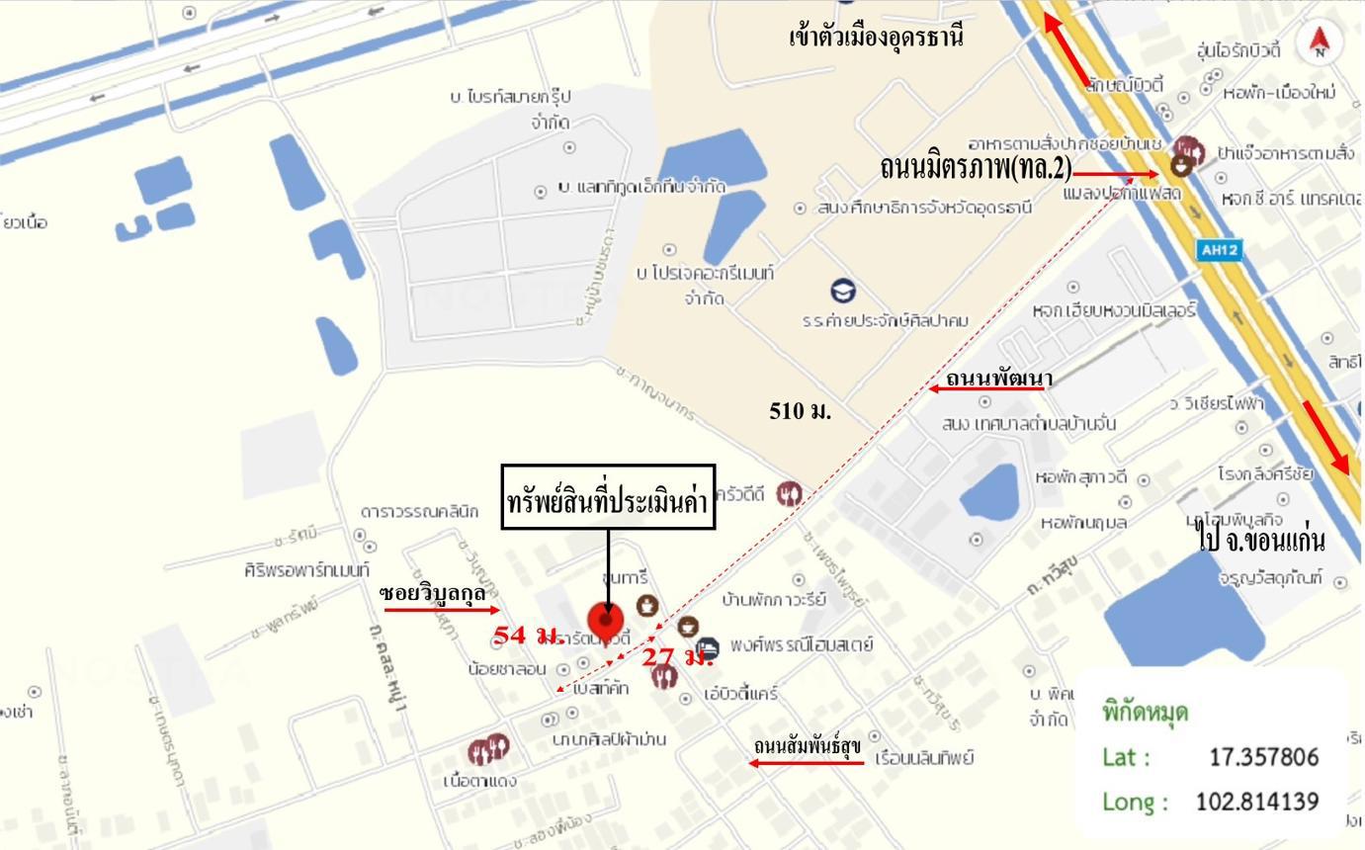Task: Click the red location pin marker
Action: pyautogui.click(x=606, y=622)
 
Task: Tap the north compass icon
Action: pyautogui.click(x=1321, y=42)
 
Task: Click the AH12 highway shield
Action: pyautogui.click(x=1218, y=250)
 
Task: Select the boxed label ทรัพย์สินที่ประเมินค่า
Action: pyautogui.click(x=608, y=498)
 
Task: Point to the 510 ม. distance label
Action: pyautogui.click(x=800, y=411)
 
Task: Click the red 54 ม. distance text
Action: pyautogui.click(x=529, y=636)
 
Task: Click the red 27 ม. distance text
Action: pyautogui.click(x=678, y=655)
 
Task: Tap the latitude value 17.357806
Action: pyautogui.click(x=1263, y=757)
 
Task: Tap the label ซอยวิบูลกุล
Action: pyautogui.click(x=432, y=593)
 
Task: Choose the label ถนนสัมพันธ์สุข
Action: pyautogui.click(x=807, y=745)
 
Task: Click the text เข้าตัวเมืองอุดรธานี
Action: pyautogui.click(x=876, y=38)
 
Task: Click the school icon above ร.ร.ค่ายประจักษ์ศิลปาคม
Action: pyautogui.click(x=843, y=292)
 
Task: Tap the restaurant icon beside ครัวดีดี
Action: pyautogui.click(x=788, y=493)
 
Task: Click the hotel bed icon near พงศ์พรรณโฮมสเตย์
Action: pyautogui.click(x=707, y=647)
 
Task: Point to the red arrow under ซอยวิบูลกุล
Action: pyautogui.click(x=442, y=610)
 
